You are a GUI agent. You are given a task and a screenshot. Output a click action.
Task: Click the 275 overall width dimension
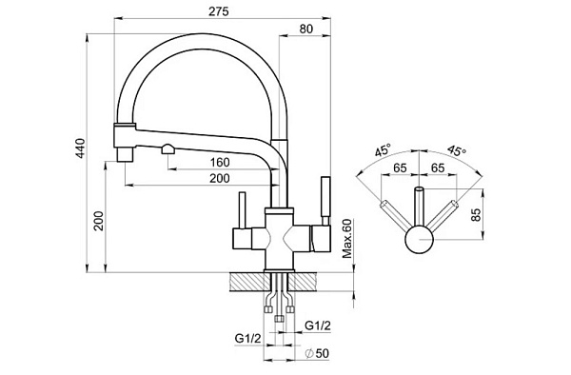coord(219,11)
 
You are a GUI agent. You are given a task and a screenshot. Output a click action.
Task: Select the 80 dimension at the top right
coord(305,29)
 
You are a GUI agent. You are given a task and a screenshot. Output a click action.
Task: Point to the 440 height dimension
coord(80,148)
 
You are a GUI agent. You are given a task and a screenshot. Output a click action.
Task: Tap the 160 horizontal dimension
coord(220,163)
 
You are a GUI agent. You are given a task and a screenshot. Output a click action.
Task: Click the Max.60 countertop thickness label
coord(347,239)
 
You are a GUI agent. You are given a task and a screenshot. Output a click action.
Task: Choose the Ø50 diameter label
coord(317,353)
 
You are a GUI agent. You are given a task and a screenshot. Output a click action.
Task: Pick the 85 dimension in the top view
coord(476,215)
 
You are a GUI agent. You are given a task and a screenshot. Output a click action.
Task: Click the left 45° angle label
coord(384,149)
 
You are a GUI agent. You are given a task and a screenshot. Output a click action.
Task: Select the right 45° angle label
coord(457,149)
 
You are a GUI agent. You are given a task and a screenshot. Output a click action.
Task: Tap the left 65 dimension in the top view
coord(400,168)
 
